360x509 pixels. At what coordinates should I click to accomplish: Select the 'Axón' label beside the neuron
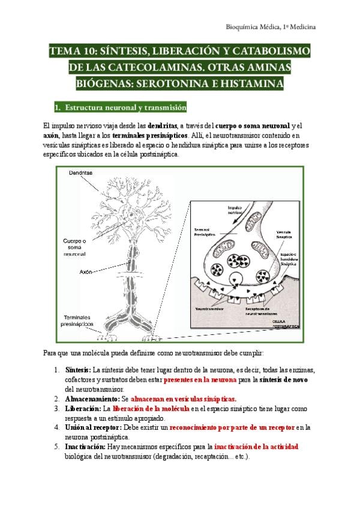click(x=86, y=272)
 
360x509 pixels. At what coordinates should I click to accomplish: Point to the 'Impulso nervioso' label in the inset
click(x=235, y=211)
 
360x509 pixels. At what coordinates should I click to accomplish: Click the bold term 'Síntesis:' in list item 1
click(x=78, y=370)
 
